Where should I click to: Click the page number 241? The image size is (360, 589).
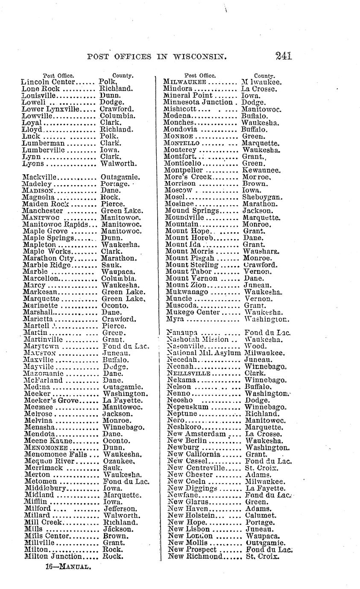point(283,56)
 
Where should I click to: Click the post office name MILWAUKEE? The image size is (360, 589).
point(185,82)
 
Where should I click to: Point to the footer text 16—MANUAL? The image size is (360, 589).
point(68,567)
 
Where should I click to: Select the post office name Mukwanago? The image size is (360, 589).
point(187,292)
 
